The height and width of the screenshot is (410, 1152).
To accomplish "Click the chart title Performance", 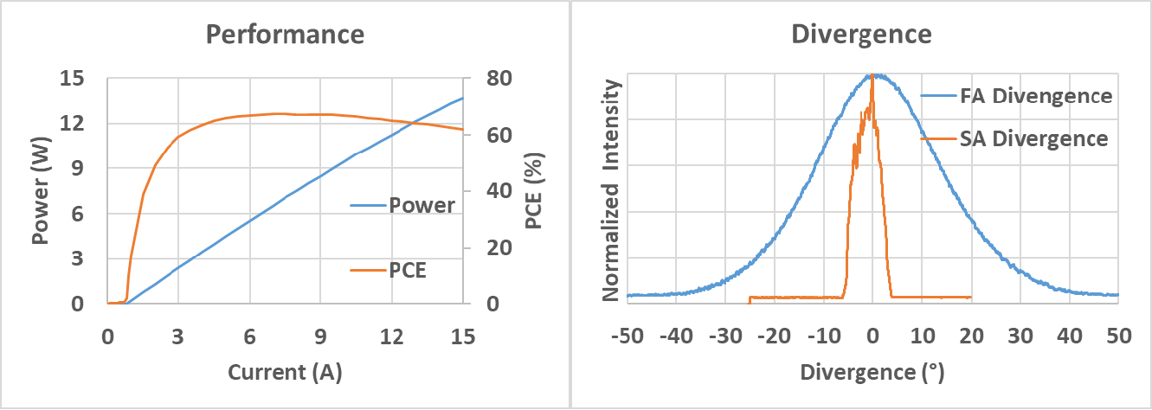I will (284, 35).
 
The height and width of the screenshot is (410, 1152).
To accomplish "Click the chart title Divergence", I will (862, 35).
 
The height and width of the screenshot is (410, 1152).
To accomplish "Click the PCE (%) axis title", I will (534, 190).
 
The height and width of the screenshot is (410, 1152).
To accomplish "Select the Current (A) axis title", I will (285, 373).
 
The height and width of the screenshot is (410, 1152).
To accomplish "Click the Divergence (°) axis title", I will (872, 373).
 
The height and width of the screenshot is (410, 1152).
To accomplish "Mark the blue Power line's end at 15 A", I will (462, 98).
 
